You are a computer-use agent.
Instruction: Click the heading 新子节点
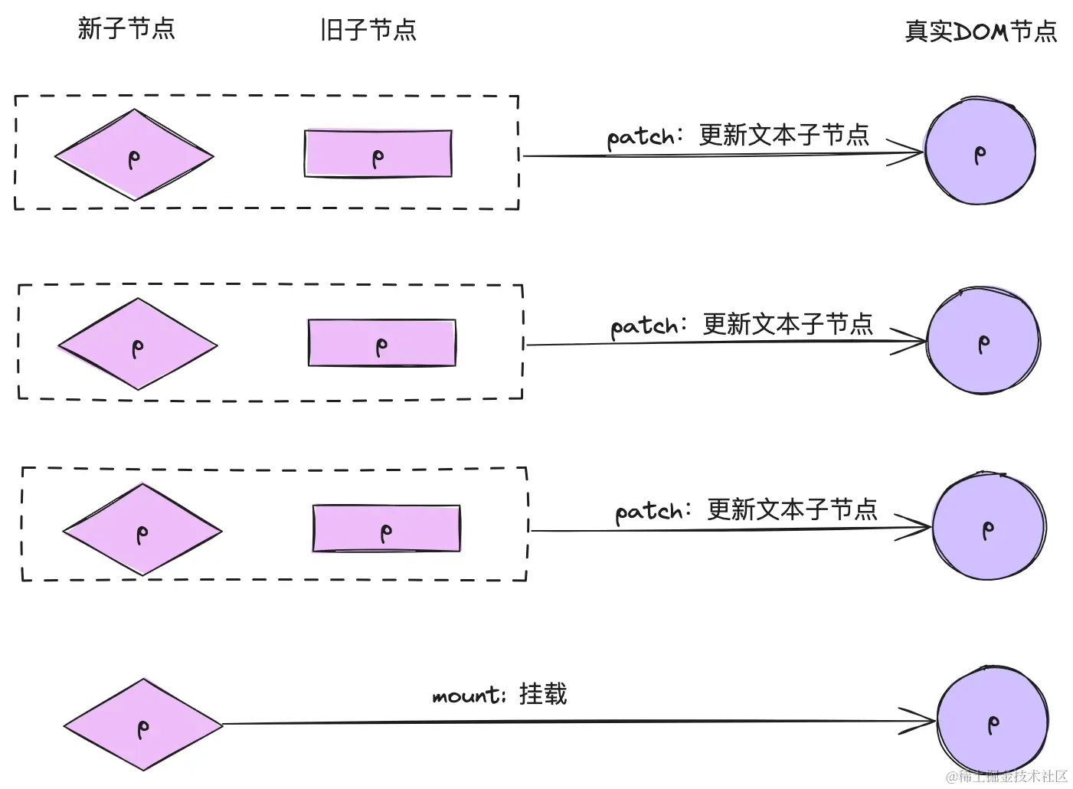click(x=126, y=29)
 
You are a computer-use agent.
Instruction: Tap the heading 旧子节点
click(x=368, y=30)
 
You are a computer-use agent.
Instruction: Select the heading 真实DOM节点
click(x=980, y=31)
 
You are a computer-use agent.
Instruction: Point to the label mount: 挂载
click(x=499, y=694)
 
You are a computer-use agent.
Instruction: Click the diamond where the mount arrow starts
click(x=143, y=725)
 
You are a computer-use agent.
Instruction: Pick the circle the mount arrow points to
click(x=993, y=722)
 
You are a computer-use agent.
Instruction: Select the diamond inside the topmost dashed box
click(x=134, y=156)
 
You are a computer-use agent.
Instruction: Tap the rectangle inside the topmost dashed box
click(x=378, y=154)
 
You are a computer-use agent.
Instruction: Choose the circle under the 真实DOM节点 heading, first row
click(x=980, y=152)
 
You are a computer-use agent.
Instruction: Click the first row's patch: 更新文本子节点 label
click(x=738, y=136)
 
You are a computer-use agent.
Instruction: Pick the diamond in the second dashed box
click(x=138, y=345)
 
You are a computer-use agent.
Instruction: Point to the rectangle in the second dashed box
click(x=381, y=342)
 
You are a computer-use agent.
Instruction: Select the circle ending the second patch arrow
click(x=983, y=342)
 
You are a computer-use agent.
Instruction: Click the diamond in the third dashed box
click(x=142, y=530)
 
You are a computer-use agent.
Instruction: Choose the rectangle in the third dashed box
click(x=386, y=529)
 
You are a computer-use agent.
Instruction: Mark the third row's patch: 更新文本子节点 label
click(x=746, y=510)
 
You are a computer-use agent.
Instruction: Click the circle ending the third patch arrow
click(x=989, y=527)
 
